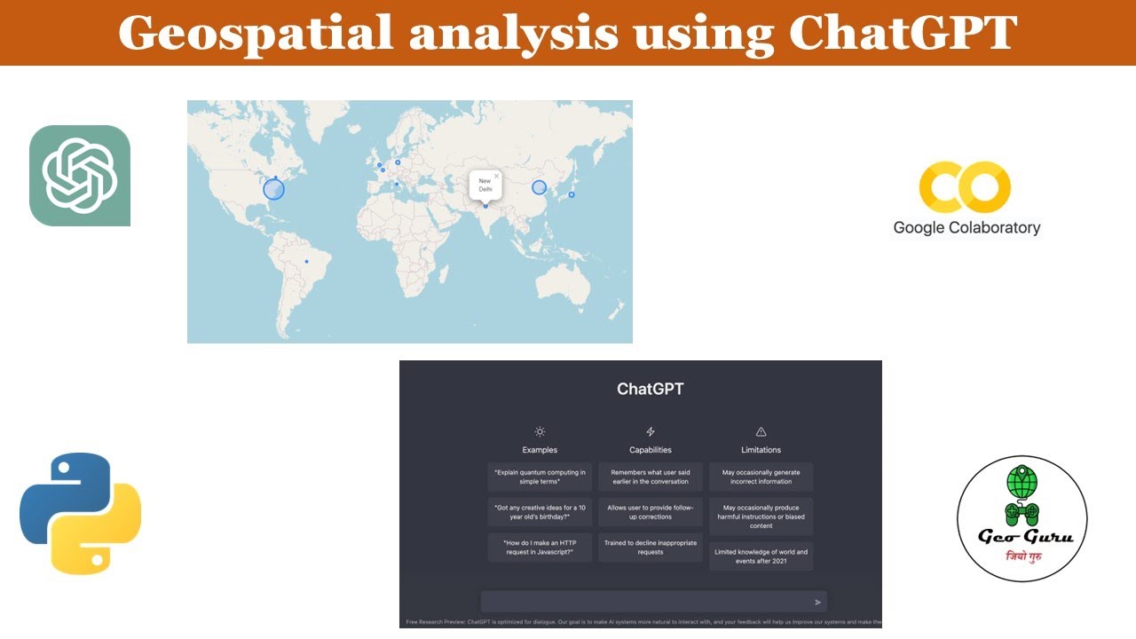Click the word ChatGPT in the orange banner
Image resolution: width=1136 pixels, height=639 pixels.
tap(903, 33)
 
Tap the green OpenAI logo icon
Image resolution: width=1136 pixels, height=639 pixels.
tap(80, 176)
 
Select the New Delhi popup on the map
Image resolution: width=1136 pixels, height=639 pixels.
tap(485, 185)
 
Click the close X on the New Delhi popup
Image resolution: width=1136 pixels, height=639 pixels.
tap(496, 176)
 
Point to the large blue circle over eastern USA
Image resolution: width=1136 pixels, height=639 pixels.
tap(274, 189)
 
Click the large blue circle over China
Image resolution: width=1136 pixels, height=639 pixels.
tap(539, 187)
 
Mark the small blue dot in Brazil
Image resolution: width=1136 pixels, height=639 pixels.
tap(306, 261)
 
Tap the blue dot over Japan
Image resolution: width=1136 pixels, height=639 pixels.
tap(572, 194)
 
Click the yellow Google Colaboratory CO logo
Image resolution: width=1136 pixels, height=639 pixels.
tap(965, 186)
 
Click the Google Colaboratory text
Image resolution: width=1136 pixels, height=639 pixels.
tap(966, 228)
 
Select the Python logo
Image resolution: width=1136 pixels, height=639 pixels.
tap(81, 514)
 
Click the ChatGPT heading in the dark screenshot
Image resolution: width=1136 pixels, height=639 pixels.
tap(651, 389)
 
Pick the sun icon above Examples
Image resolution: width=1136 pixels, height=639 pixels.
tap(540, 431)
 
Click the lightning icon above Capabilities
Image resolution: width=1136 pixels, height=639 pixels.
tap(651, 431)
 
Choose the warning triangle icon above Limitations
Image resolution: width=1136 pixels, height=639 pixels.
tap(761, 431)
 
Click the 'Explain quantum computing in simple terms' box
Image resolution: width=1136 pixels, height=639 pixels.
tap(540, 477)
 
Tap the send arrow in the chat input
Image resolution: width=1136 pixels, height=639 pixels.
tap(817, 603)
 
